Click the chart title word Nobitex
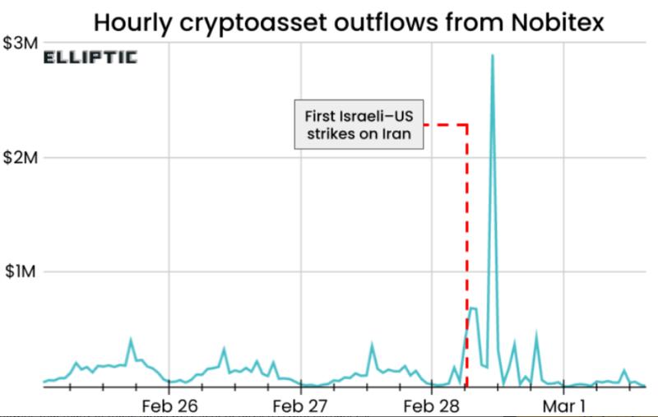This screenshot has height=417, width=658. (x=553, y=23)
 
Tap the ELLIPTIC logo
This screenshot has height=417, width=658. (x=90, y=58)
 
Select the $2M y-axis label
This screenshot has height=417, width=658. (x=20, y=157)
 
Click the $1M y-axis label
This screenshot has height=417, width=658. (x=20, y=271)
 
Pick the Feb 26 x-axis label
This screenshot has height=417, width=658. (x=170, y=405)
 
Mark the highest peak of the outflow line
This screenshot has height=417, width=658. (x=492, y=56)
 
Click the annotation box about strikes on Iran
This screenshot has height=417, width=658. (x=359, y=125)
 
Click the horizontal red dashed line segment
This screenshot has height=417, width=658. (x=445, y=125)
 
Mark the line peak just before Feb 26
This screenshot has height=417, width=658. (x=131, y=339)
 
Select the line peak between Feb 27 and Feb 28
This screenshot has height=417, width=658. (x=372, y=345)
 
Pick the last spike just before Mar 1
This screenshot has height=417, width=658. (x=536, y=336)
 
